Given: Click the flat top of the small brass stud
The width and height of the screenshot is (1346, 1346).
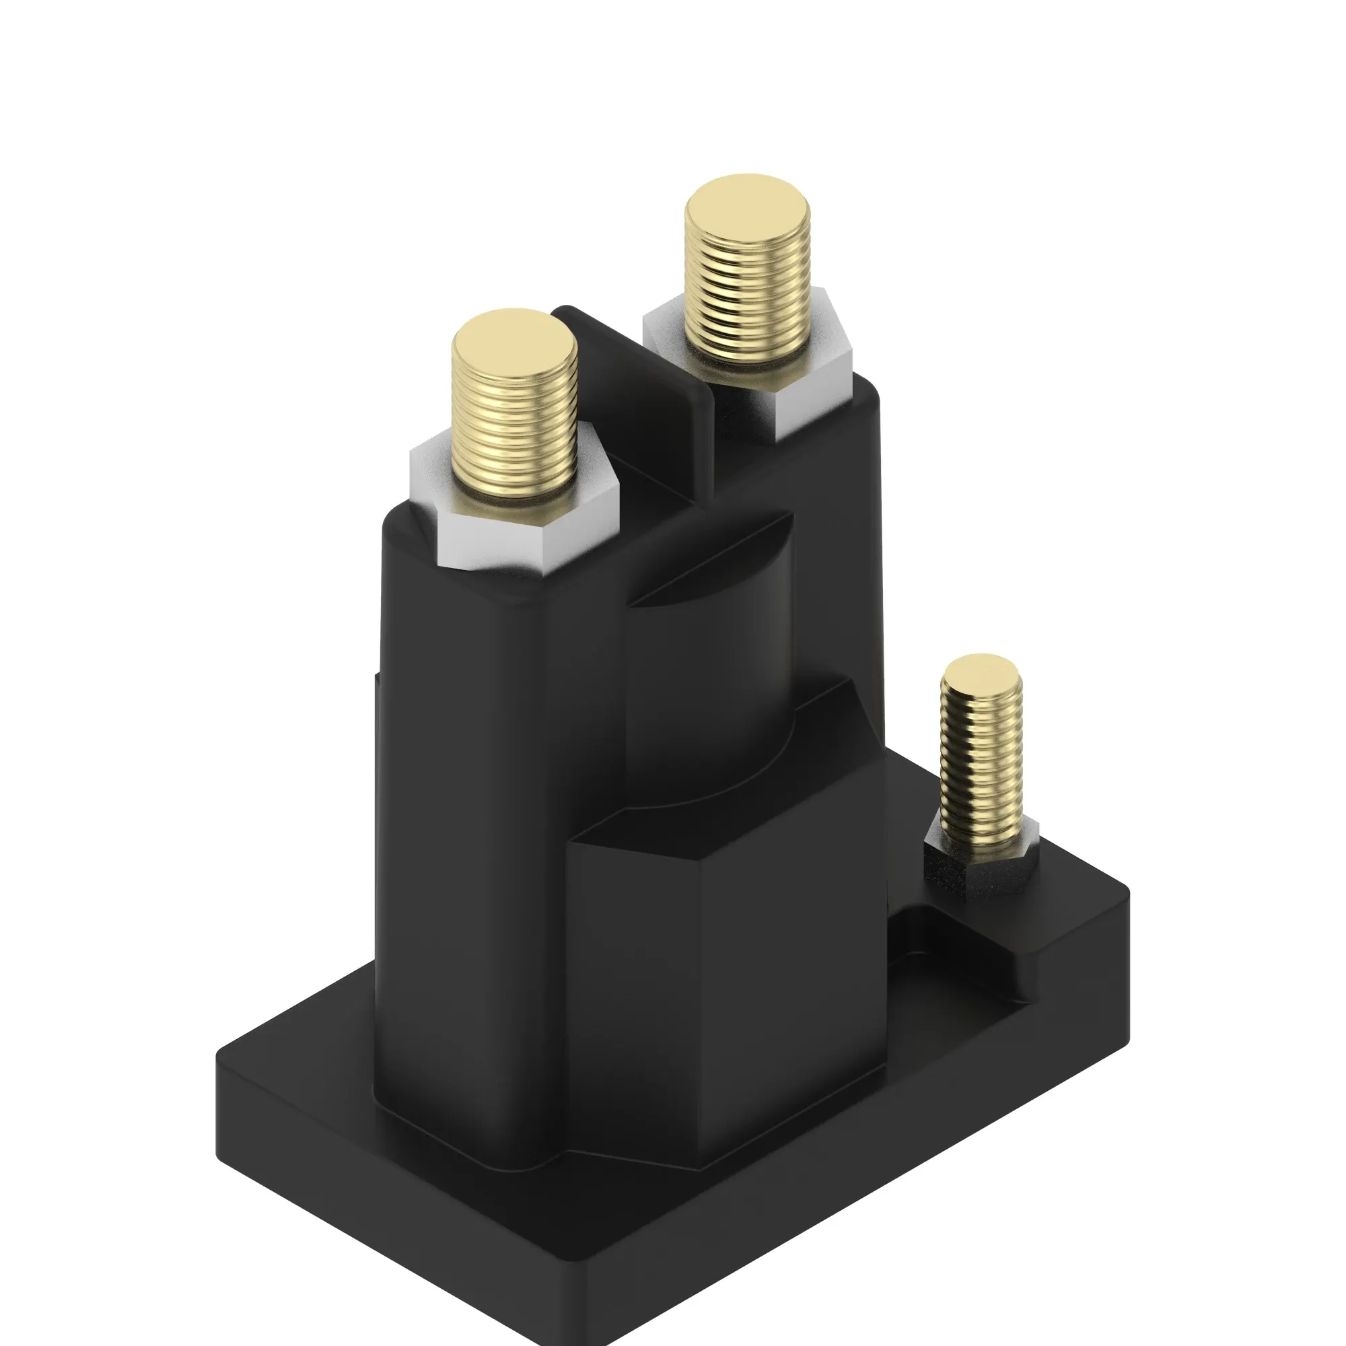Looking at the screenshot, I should [981, 670].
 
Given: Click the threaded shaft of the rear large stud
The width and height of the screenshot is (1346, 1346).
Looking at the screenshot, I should [747, 306].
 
